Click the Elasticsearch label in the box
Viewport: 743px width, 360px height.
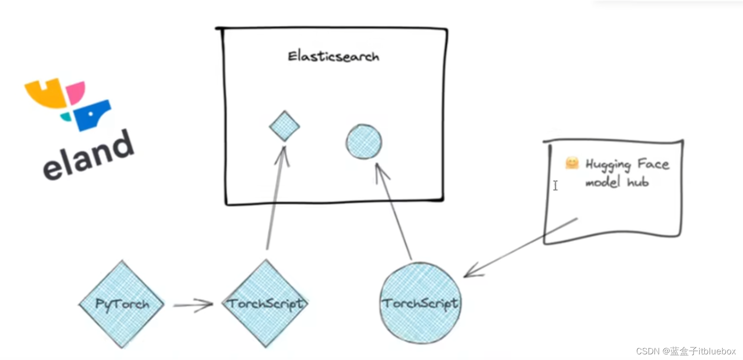(x=333, y=56)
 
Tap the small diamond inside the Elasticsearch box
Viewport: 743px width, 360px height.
(x=284, y=126)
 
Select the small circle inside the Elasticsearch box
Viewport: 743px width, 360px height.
(x=364, y=142)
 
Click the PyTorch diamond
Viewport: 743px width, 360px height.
(x=122, y=304)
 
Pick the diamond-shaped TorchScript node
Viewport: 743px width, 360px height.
(x=267, y=304)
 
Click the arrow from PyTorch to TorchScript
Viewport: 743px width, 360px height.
(x=193, y=305)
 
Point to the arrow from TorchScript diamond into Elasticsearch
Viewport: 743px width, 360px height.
(x=275, y=198)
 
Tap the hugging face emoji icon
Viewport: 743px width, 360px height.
(x=572, y=163)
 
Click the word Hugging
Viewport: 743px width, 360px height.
(x=608, y=164)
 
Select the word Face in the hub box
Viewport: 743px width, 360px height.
(x=653, y=164)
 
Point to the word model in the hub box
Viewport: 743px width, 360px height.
(x=602, y=182)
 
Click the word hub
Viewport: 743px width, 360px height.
(x=638, y=182)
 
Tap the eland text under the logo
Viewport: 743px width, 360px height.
(x=89, y=156)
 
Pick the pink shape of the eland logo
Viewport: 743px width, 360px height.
(x=75, y=91)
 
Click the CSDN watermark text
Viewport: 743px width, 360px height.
(x=686, y=351)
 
